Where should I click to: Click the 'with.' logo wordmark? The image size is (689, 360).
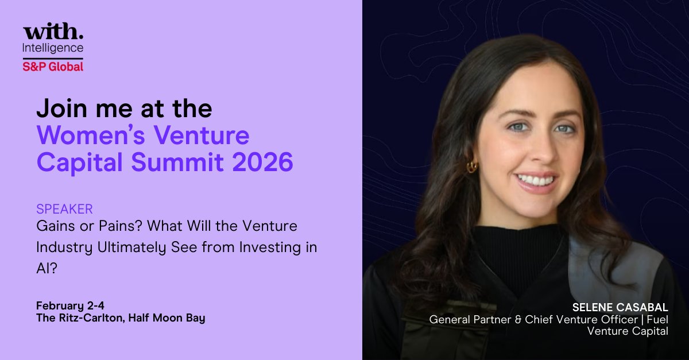tap(53, 32)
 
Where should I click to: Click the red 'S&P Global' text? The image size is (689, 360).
tap(53, 66)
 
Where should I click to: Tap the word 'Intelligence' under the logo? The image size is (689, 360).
tap(53, 48)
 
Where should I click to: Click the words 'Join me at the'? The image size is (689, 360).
tap(124, 108)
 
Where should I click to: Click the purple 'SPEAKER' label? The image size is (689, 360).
tap(64, 208)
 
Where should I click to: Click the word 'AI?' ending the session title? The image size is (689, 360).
tap(47, 267)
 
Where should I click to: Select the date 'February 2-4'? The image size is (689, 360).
tap(66, 305)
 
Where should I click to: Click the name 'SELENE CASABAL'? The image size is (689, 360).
tap(621, 307)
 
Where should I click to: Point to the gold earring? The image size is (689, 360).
tap(472, 167)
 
